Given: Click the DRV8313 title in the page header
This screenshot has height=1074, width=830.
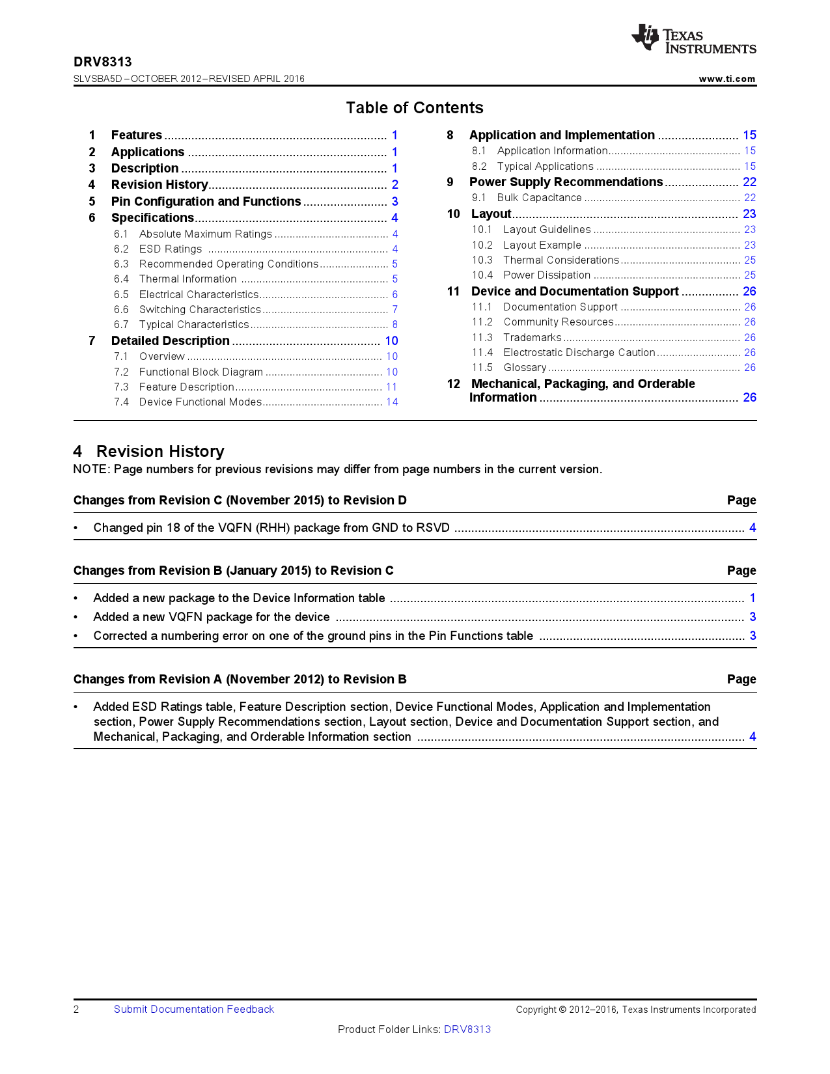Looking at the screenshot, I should [x=102, y=62].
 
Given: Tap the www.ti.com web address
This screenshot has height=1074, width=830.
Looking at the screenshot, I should [x=726, y=79].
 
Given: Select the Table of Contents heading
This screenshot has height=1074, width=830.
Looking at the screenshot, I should [x=415, y=108].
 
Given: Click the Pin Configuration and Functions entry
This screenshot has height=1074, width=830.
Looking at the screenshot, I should [x=206, y=202].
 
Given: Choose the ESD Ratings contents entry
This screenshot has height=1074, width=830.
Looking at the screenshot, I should [x=171, y=249].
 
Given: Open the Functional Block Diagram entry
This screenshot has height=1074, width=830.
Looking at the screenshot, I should [x=201, y=372].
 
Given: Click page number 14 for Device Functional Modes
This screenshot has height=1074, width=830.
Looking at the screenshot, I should [x=392, y=402].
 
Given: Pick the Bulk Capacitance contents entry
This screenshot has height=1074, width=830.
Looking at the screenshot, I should [x=539, y=198].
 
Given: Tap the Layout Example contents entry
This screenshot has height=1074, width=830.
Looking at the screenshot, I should [x=542, y=245].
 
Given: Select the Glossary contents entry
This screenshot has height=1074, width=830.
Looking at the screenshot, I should [x=525, y=368].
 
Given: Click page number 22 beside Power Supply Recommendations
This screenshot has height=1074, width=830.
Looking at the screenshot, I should [x=749, y=182].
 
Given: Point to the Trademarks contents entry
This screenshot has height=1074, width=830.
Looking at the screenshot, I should [x=532, y=338].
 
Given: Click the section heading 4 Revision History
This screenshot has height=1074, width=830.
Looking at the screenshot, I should [x=149, y=452].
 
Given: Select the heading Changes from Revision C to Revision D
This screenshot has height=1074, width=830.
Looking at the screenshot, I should [x=240, y=501].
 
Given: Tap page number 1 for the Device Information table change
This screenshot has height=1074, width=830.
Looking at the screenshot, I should [x=753, y=598].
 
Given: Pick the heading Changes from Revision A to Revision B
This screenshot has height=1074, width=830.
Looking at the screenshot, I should [x=240, y=680].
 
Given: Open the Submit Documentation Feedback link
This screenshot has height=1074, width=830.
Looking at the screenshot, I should [x=194, y=1010].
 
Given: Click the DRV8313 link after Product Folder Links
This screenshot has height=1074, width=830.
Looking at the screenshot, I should [x=467, y=1030].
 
